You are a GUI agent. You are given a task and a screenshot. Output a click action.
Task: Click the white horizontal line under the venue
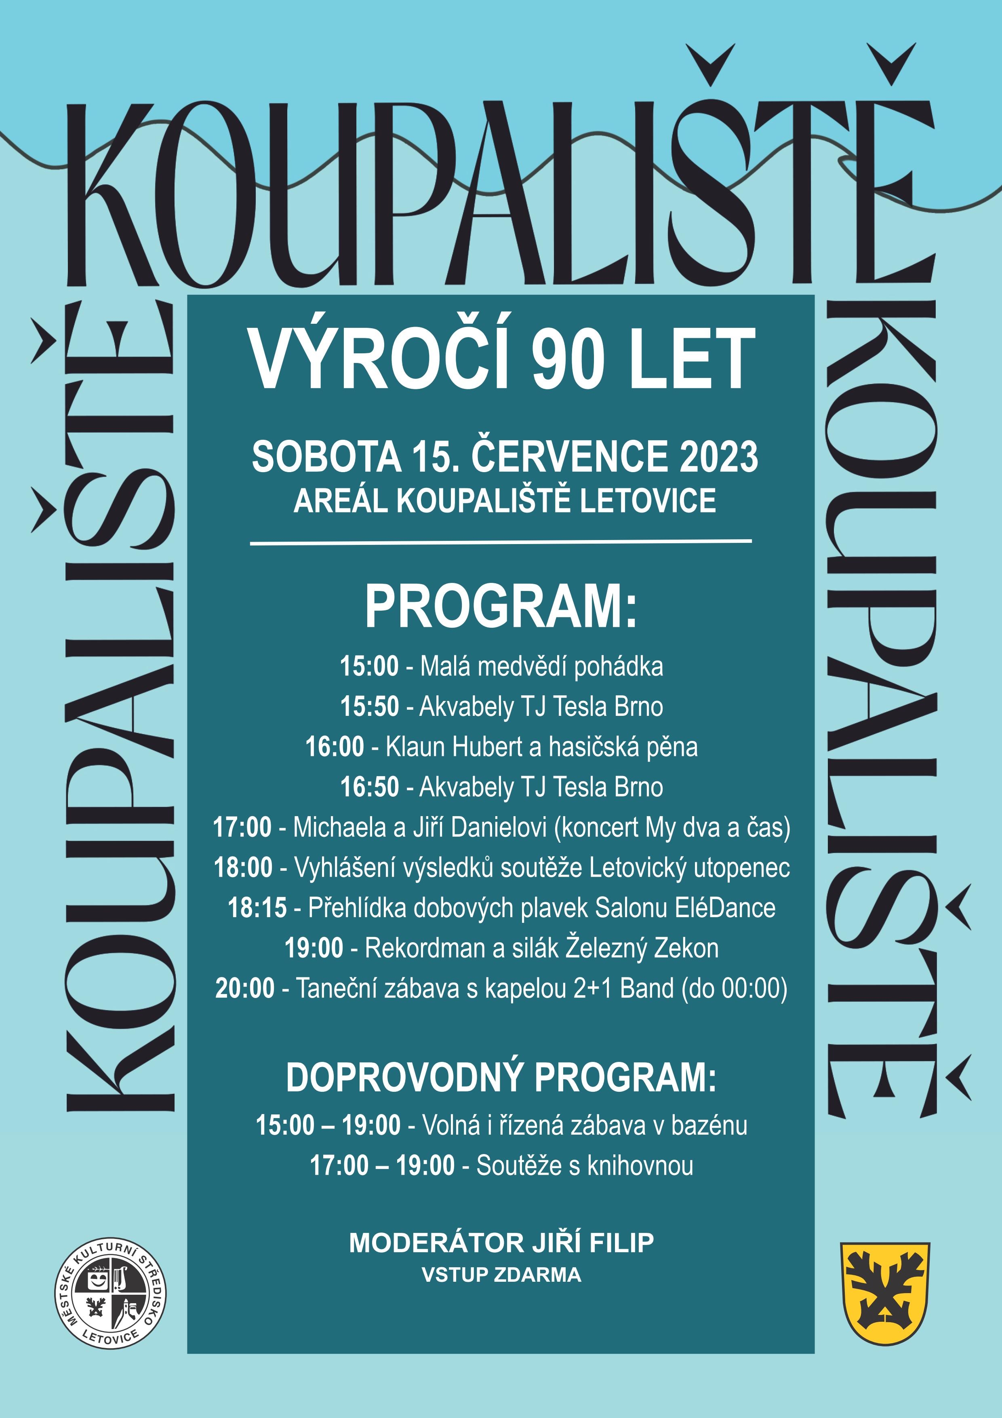click(501, 542)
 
